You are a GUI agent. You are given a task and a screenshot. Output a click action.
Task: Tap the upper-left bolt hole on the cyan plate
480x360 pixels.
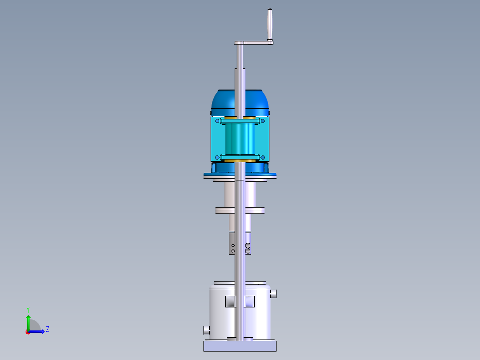click(x=217, y=121)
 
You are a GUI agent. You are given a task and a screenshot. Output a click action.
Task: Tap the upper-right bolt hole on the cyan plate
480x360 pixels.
click(x=263, y=121)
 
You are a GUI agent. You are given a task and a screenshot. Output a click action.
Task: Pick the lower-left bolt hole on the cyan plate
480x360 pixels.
click(x=217, y=157)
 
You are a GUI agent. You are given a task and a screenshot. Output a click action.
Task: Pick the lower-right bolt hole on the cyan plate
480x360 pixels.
click(x=263, y=157)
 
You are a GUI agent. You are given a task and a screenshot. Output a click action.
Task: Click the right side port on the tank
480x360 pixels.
click(x=274, y=294)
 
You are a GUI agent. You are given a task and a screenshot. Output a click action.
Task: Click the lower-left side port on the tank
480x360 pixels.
click(x=206, y=330)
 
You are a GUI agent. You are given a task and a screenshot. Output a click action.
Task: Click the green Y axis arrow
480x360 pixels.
click(x=28, y=320)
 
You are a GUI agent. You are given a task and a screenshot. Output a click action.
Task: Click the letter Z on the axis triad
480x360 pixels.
click(x=47, y=329)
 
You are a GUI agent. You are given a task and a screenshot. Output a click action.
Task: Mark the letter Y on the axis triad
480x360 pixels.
click(x=28, y=309)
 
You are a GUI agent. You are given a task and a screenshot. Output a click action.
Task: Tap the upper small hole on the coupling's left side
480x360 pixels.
click(x=232, y=245)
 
